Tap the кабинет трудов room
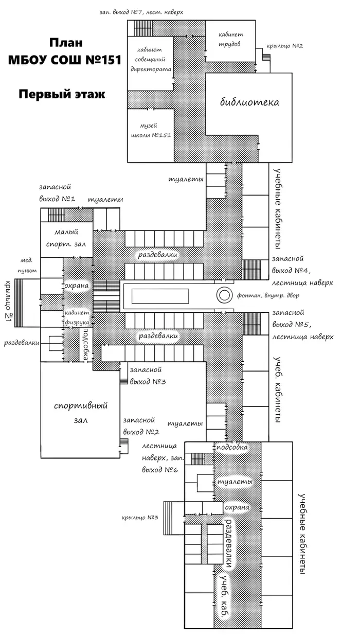230,41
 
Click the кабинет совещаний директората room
150,63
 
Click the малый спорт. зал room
67,240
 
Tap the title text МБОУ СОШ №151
65,60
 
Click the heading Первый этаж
62,94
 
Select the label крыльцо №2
285,46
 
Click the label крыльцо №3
140,517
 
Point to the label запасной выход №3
148,376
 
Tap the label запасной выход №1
57,193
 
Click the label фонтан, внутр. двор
268,296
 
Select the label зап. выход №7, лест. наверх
141,12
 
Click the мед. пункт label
27,266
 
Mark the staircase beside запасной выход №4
251,270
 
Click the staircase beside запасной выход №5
251,324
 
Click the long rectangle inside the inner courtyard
160,296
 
